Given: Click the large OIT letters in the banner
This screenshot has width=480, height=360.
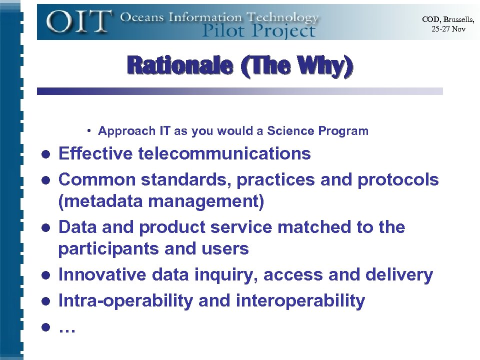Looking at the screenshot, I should pos(79,22).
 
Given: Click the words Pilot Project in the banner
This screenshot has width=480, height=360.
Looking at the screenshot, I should pos(258,30).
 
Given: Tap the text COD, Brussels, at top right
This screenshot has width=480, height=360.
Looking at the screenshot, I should pos(447,19).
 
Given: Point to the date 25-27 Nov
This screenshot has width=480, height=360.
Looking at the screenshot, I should pos(448,29).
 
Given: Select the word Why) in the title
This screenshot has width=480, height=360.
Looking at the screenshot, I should pos(324,66).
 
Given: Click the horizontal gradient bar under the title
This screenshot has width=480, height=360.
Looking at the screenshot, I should pos(240,91).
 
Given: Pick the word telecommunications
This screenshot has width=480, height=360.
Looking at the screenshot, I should pos(224,153).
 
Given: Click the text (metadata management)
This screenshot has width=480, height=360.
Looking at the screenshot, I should pos(161,202).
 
